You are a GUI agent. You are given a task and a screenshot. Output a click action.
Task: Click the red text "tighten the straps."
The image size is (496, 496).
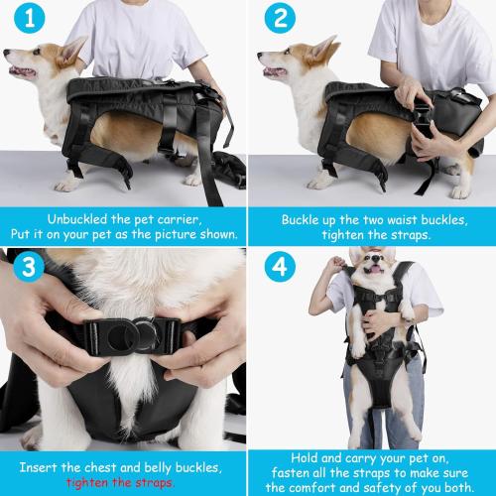124,482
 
